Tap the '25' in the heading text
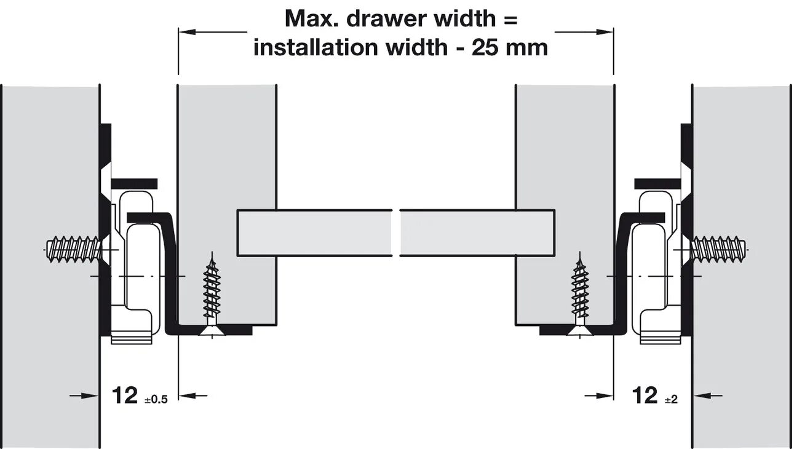tap(485, 47)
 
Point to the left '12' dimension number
tap(125, 395)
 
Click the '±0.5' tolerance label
tap(155, 399)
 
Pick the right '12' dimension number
tap(645, 395)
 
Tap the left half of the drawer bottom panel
tap(314, 232)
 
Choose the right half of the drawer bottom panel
tap(477, 232)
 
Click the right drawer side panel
tap(564, 154)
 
